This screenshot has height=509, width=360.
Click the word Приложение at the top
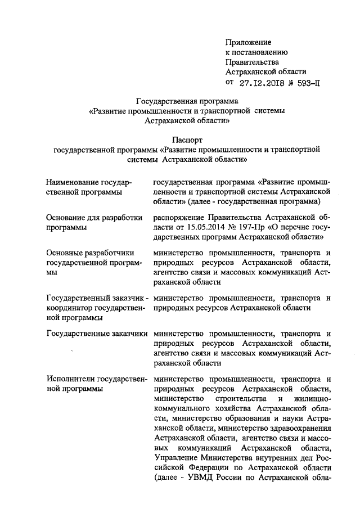[248, 42]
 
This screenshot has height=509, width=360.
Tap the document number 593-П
[307, 83]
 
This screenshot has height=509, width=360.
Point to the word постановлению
[258, 52]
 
